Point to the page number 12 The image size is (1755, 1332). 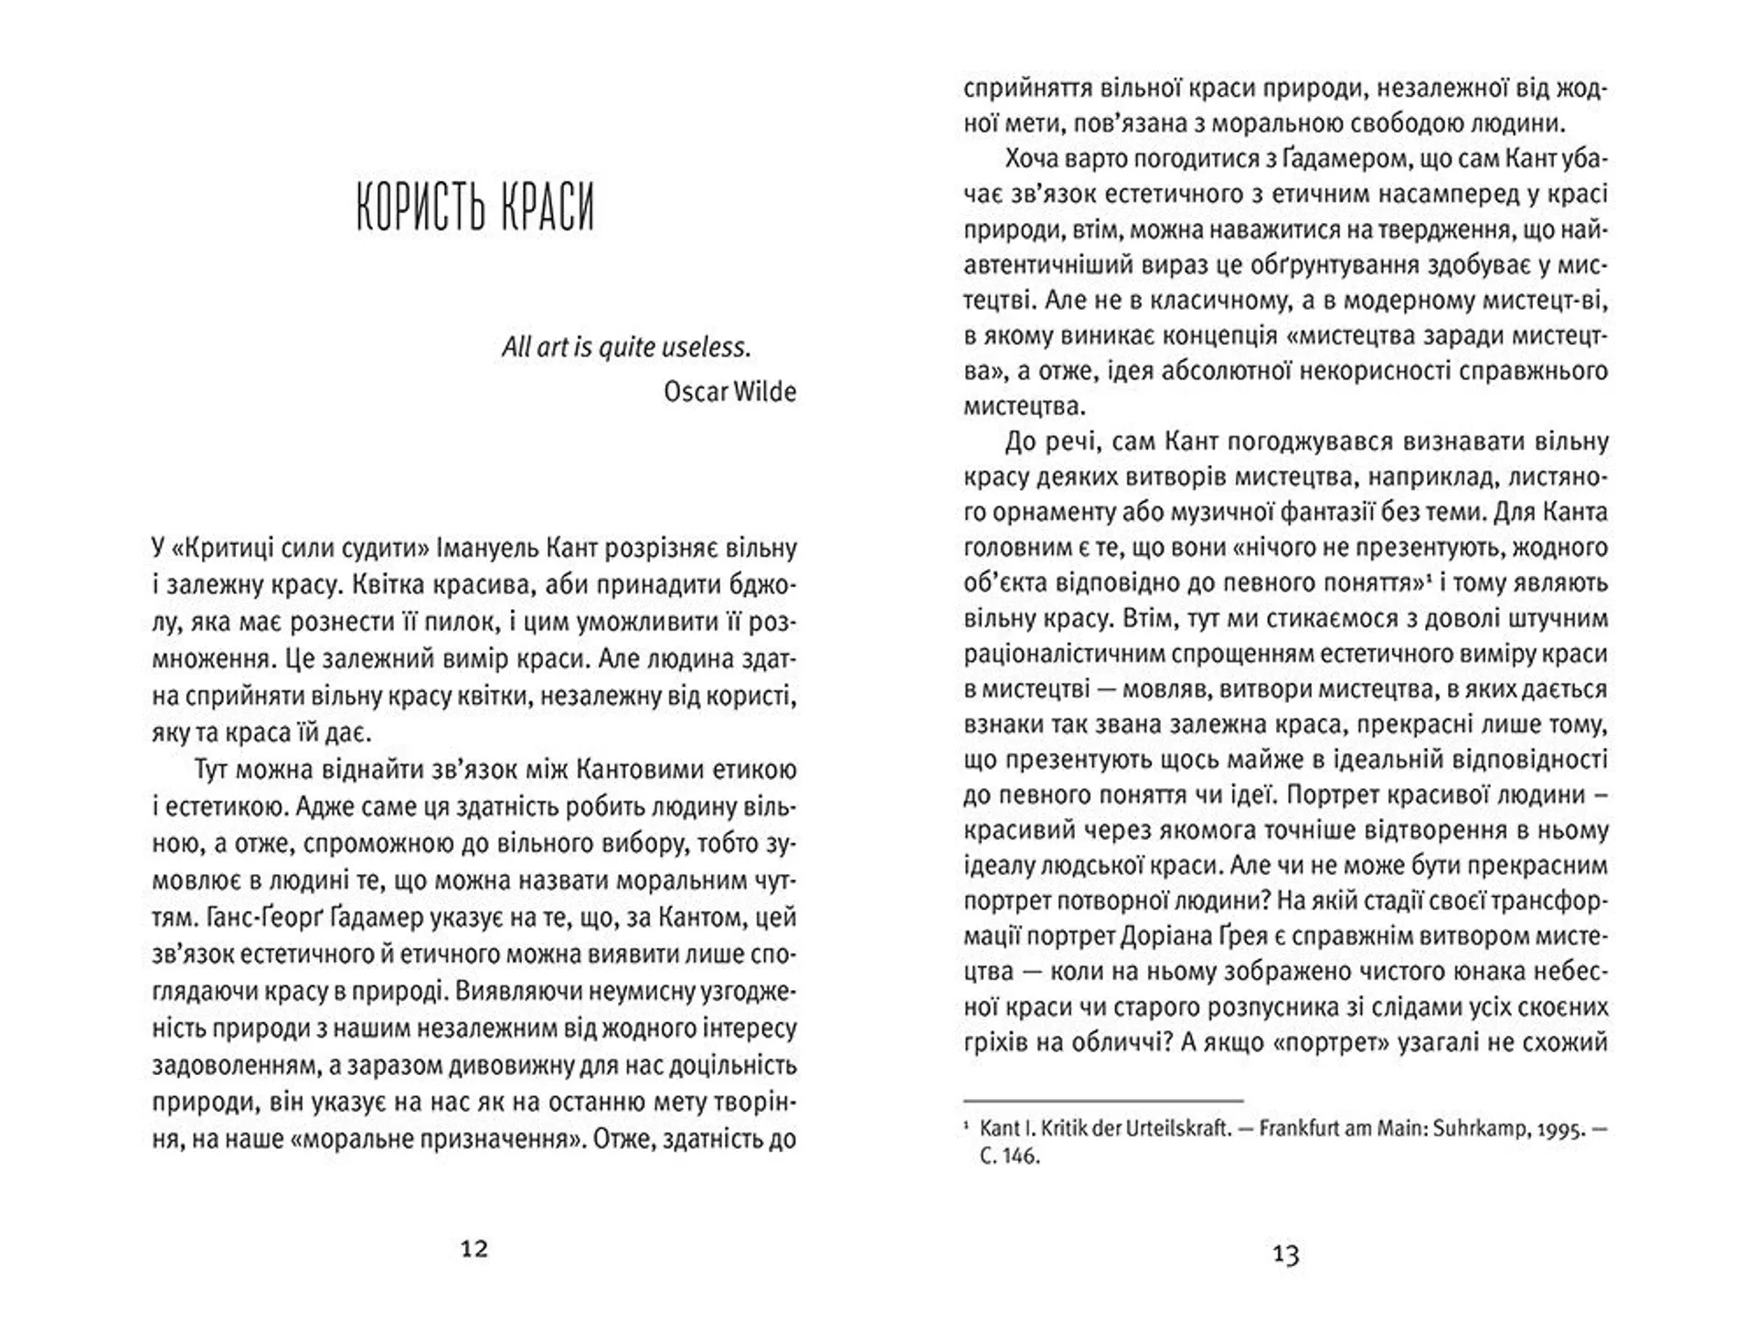(x=474, y=1249)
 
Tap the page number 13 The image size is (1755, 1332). (x=1285, y=1255)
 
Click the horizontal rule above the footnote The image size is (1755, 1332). (x=1104, y=1101)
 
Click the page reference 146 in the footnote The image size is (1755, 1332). (x=1022, y=1156)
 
